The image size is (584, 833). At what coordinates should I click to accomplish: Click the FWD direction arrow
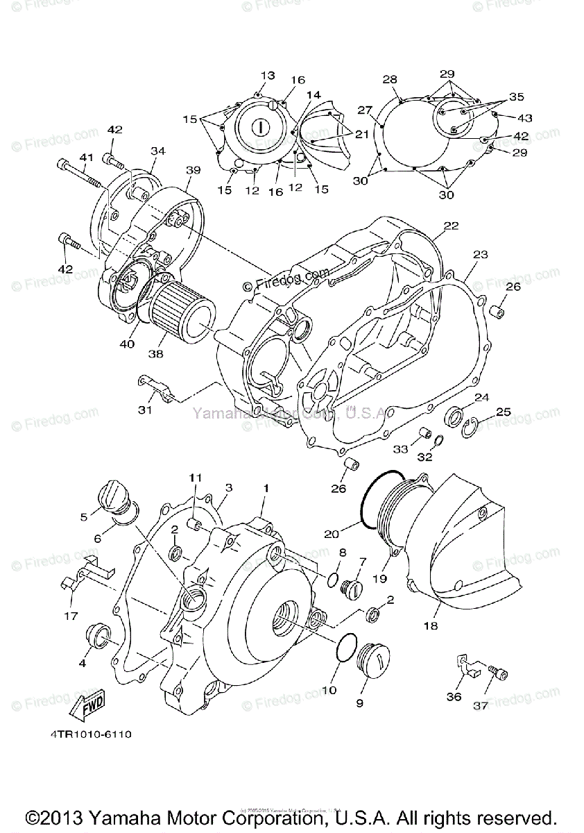[x=88, y=709]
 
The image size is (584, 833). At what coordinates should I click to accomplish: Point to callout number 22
[x=451, y=226]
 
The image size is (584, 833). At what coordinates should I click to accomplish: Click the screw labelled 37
[x=499, y=673]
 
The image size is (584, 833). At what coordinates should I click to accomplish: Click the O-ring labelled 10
[x=344, y=650]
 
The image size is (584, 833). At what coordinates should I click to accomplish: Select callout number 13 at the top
[x=268, y=76]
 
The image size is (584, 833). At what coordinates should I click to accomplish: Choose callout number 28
[x=389, y=79]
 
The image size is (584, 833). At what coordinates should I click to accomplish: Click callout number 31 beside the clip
[x=144, y=410]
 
